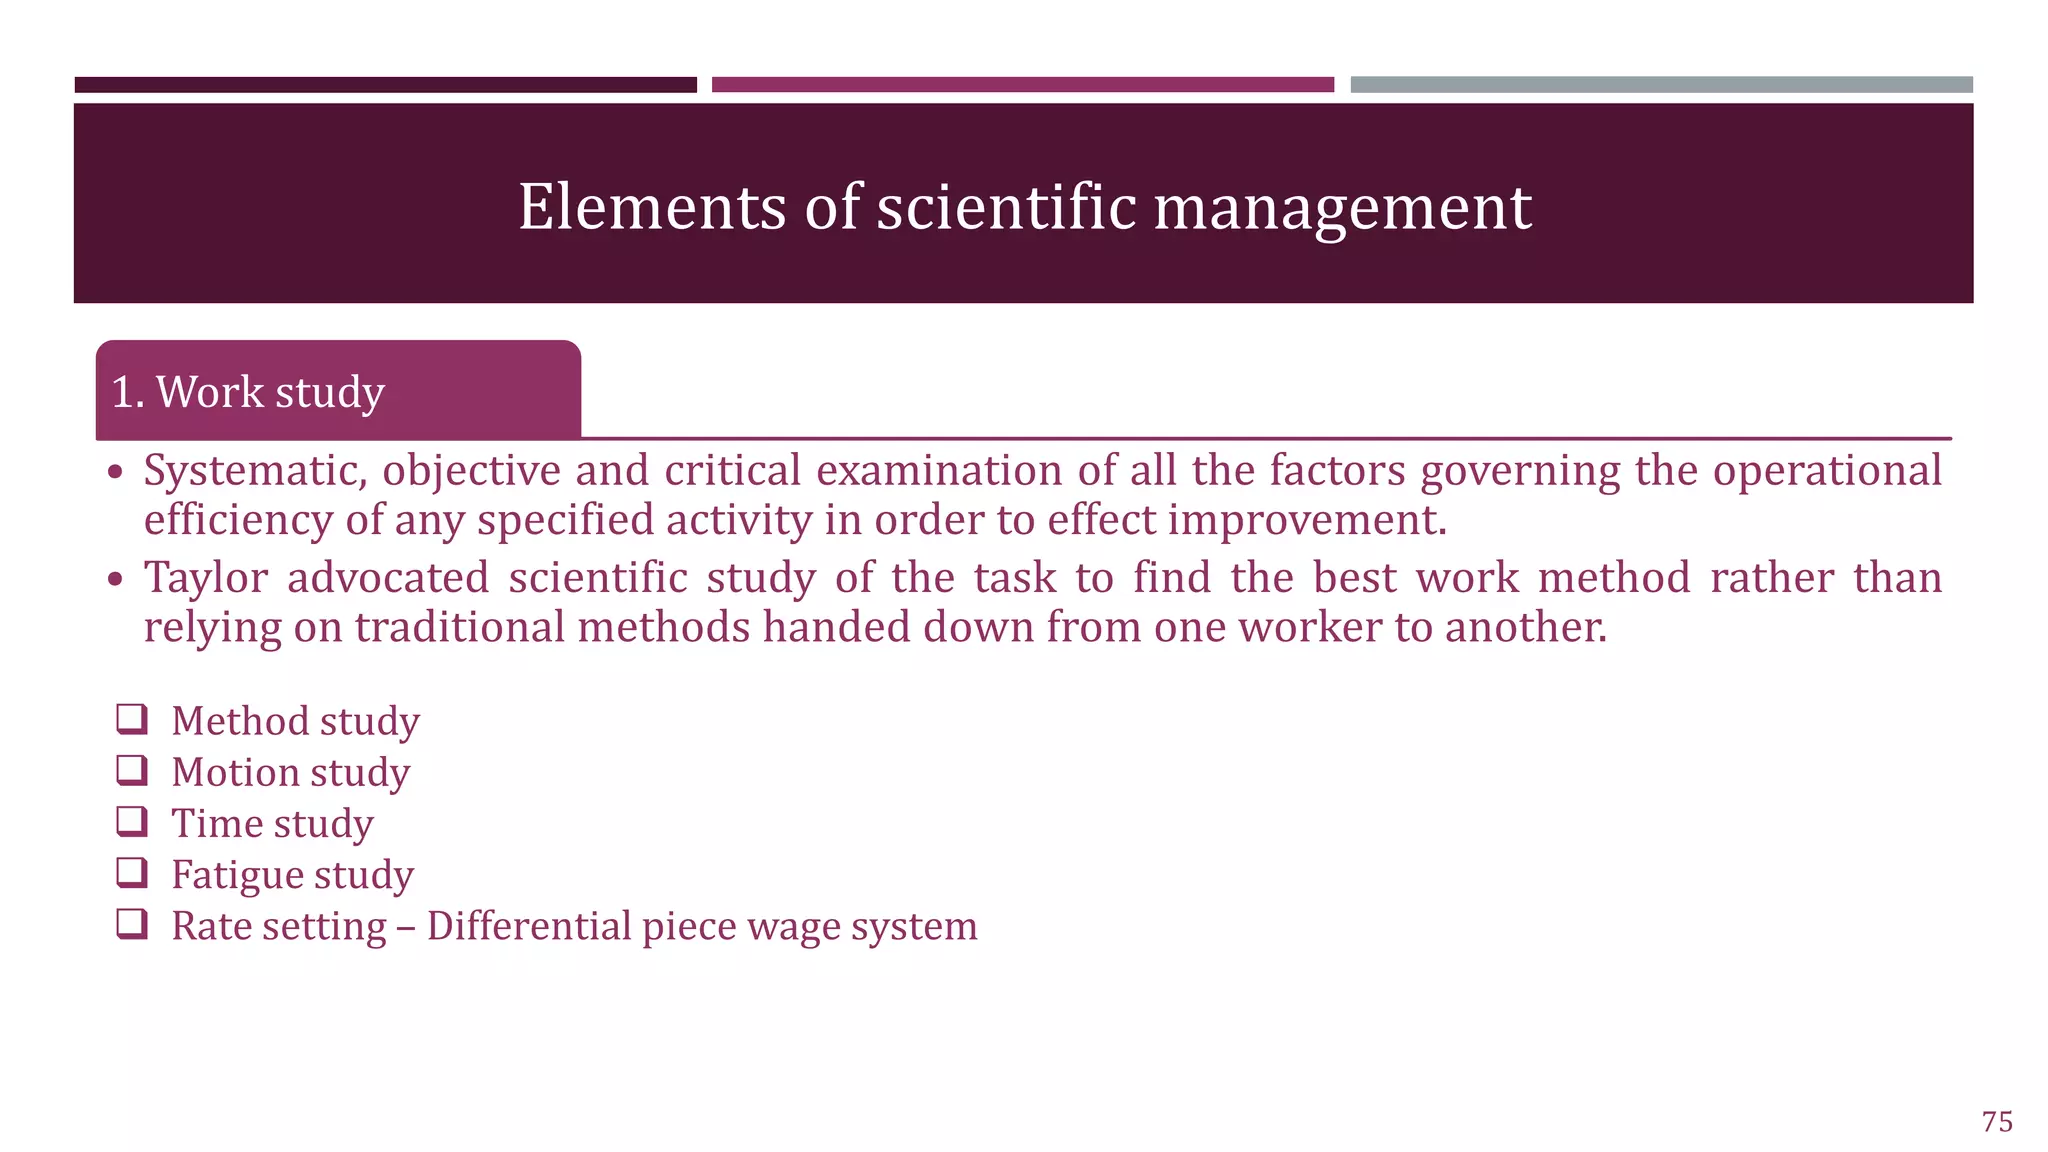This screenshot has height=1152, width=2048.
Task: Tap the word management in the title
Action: click(1342, 207)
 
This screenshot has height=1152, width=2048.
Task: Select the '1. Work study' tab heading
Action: click(248, 392)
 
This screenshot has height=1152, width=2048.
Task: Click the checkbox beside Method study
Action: click(132, 719)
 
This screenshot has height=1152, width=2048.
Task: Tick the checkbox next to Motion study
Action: click(132, 770)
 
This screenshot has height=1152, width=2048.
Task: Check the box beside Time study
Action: click(132, 821)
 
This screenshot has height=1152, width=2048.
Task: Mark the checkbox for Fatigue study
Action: click(132, 872)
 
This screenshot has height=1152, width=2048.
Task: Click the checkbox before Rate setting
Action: click(132, 923)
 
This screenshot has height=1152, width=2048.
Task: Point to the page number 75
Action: click(1997, 1121)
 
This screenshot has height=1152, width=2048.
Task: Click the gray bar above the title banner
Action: click(1661, 85)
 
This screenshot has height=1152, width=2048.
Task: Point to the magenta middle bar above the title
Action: click(1022, 85)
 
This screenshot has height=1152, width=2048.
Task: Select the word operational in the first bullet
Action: click(1827, 471)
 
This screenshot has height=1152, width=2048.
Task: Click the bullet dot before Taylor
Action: click(117, 579)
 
